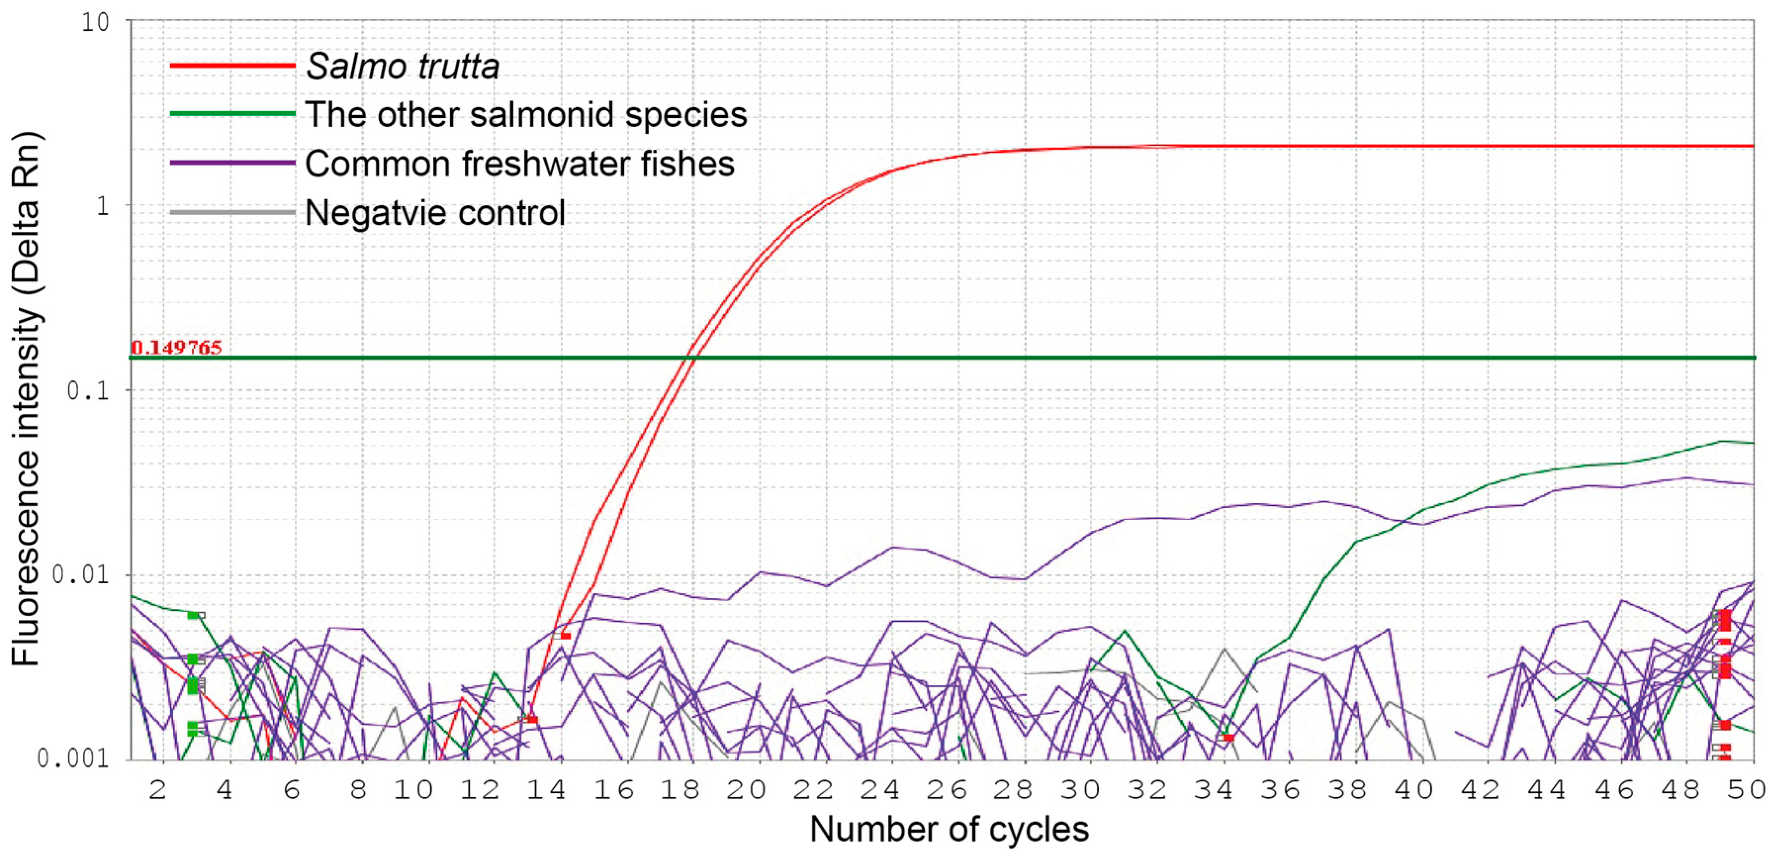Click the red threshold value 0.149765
point(177,347)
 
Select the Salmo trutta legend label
point(402,67)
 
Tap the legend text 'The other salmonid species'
point(526,115)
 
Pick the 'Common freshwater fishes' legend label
point(520,164)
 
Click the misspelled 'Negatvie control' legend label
point(435,213)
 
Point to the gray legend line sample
point(232,213)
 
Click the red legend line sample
point(232,66)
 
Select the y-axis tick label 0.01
point(81,574)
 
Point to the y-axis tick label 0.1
point(88,390)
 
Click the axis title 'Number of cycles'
point(949,829)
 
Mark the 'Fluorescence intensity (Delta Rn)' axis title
point(26,398)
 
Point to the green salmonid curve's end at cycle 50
point(1751,443)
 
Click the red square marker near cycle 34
point(1227,738)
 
